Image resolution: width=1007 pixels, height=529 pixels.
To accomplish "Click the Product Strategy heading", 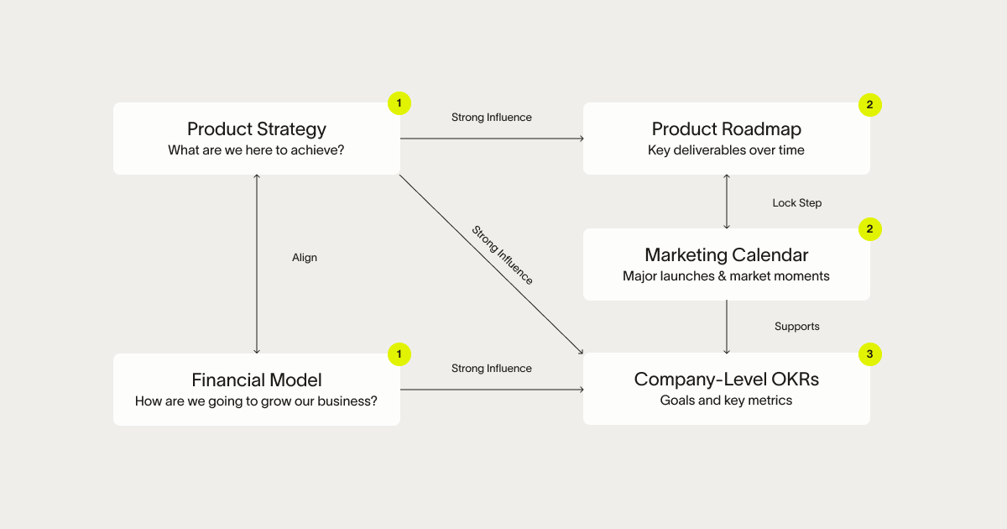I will pos(257,128).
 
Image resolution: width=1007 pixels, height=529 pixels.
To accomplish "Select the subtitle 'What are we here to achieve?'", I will pos(257,150).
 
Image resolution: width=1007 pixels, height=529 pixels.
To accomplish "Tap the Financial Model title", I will pos(257,380).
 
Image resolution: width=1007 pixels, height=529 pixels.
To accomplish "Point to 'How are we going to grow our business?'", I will pos(257,401).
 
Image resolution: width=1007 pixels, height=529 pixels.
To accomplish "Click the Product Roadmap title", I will pos(727,128).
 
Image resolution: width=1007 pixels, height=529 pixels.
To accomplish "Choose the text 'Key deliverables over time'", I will pos(727,150).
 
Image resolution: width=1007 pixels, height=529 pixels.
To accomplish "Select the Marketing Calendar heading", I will pos(727,254).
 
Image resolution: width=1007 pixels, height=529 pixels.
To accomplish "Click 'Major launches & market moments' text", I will pos(727,275).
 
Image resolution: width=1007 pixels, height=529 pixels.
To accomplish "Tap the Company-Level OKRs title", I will pos(727,380).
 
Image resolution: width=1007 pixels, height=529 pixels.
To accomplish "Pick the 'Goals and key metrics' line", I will pos(727,401).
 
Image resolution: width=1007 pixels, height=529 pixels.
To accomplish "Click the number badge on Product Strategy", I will pos(399,103).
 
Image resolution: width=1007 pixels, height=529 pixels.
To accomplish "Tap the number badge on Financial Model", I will pos(399,354).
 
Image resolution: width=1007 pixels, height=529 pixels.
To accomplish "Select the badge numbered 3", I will pos(870,354).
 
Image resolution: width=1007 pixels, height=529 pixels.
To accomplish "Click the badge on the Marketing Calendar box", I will pos(870,229).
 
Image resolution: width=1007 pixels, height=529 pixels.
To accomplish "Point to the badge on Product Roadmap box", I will pos(870,105).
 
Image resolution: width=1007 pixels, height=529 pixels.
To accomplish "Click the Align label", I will pos(305,258).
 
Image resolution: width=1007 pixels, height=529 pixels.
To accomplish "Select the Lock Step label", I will pos(797,202).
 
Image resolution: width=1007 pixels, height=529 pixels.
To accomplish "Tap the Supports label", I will pos(797,326).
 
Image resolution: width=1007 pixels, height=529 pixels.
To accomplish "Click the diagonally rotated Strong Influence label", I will pos(502,254).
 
